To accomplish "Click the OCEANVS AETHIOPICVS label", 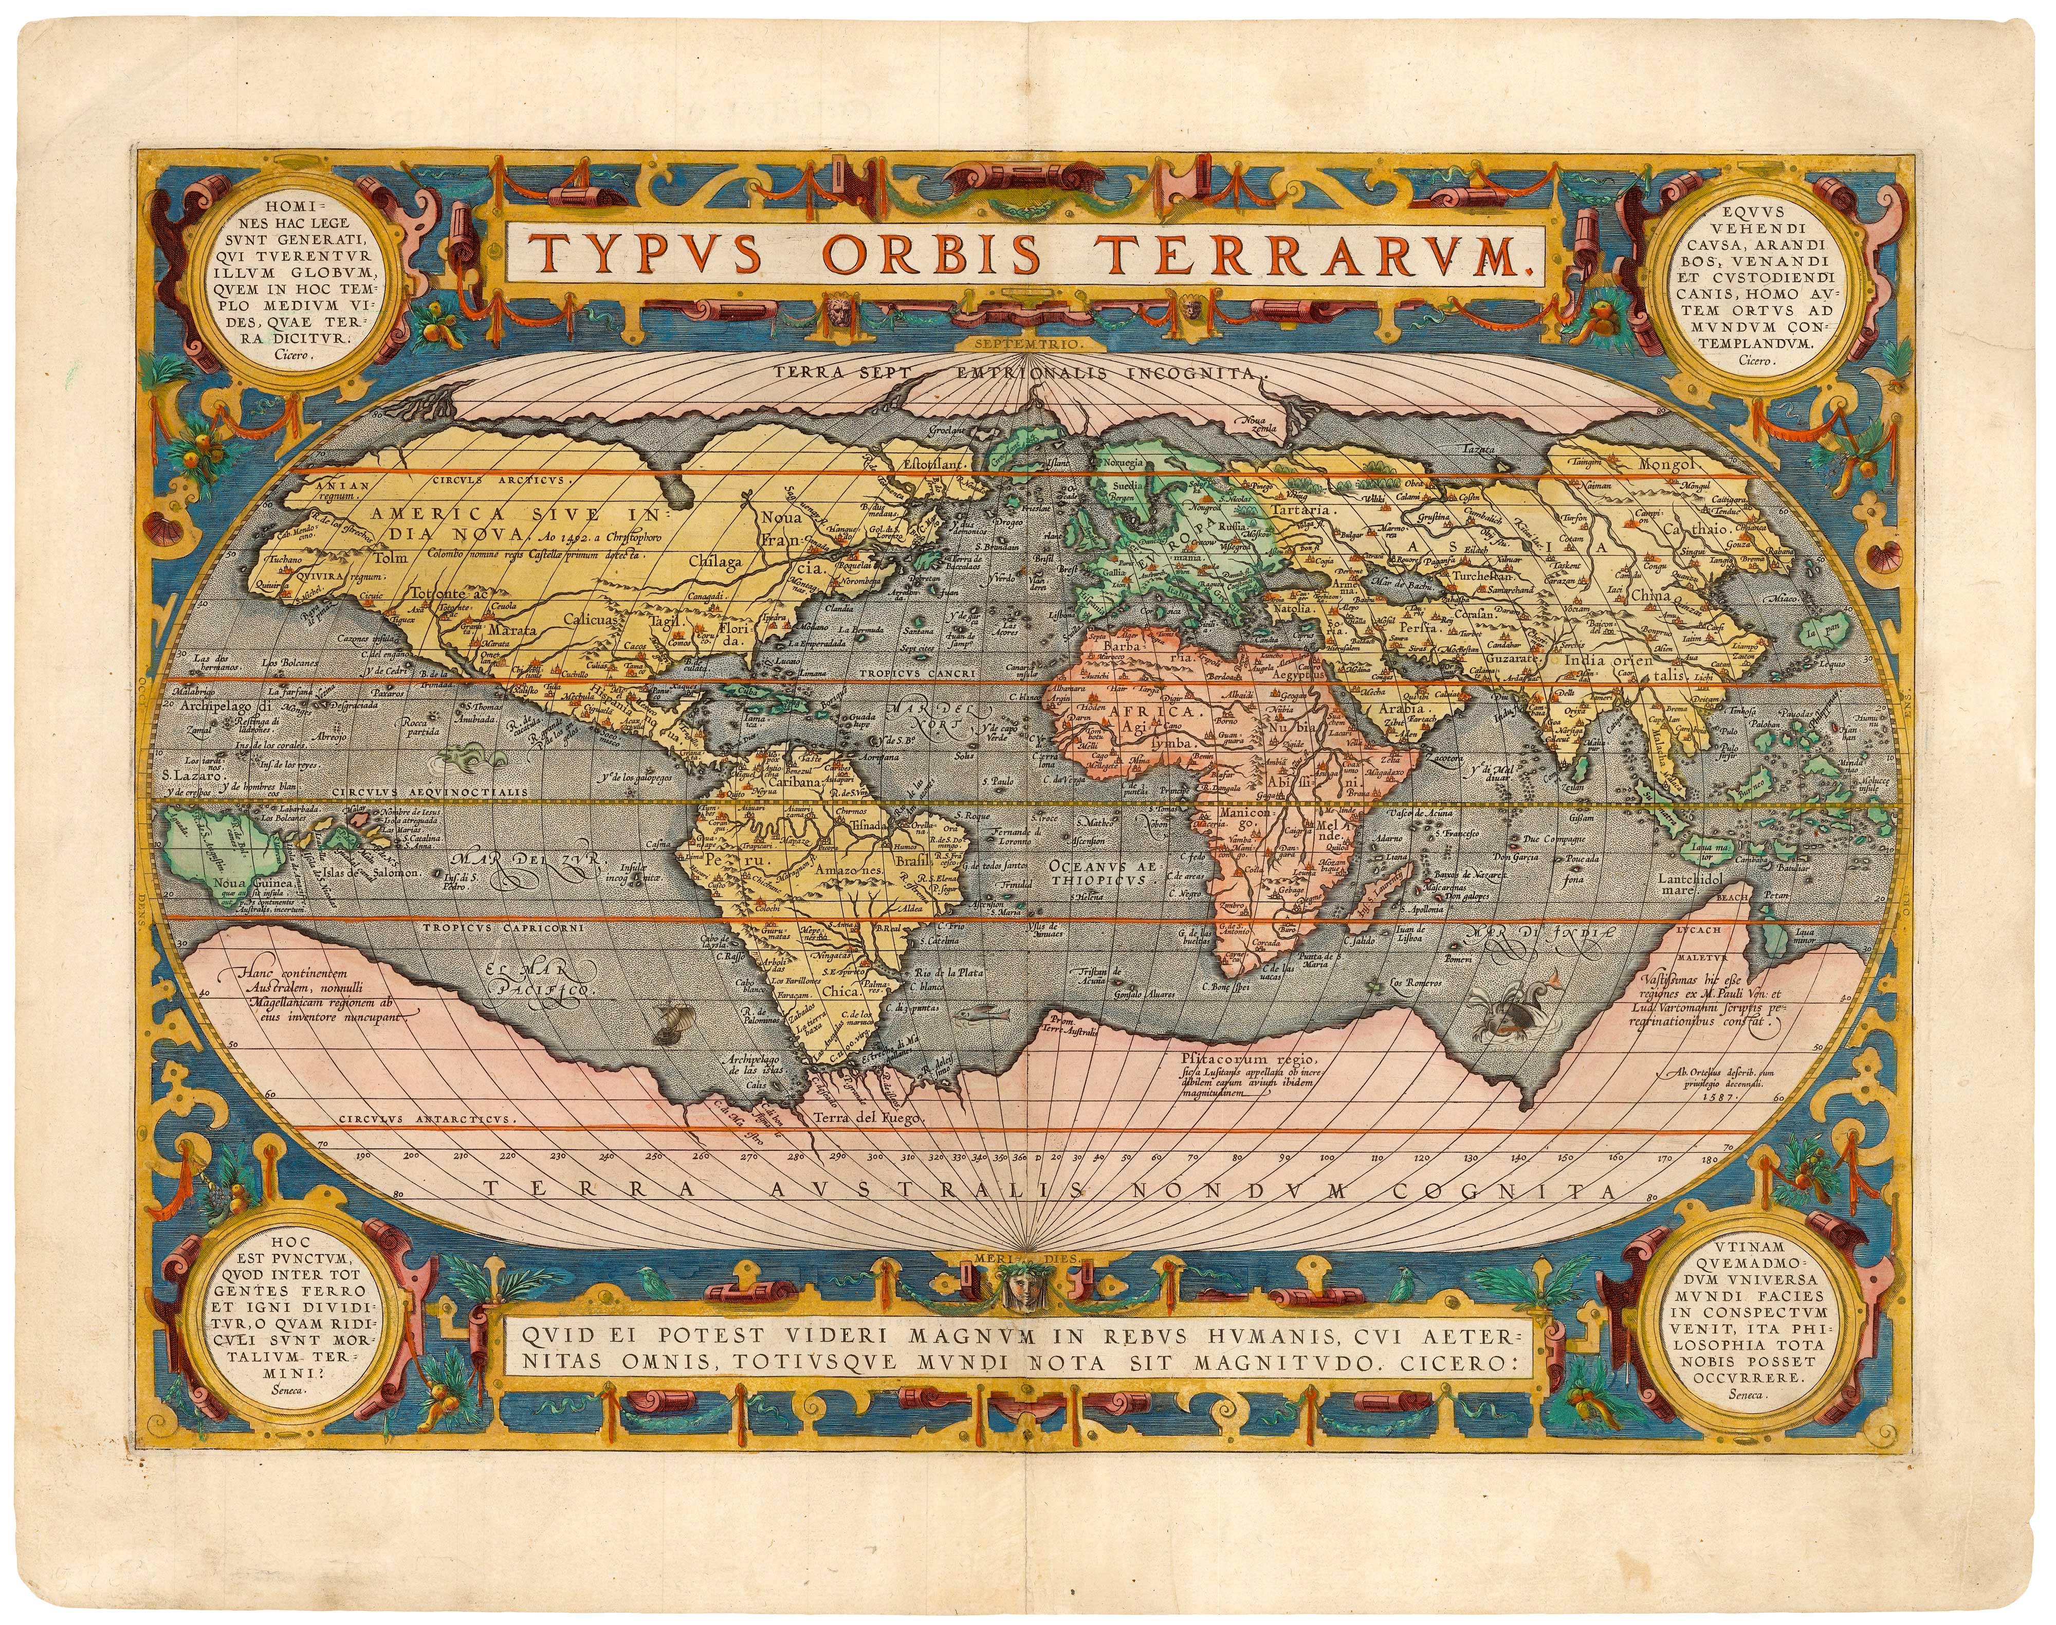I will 1100,873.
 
